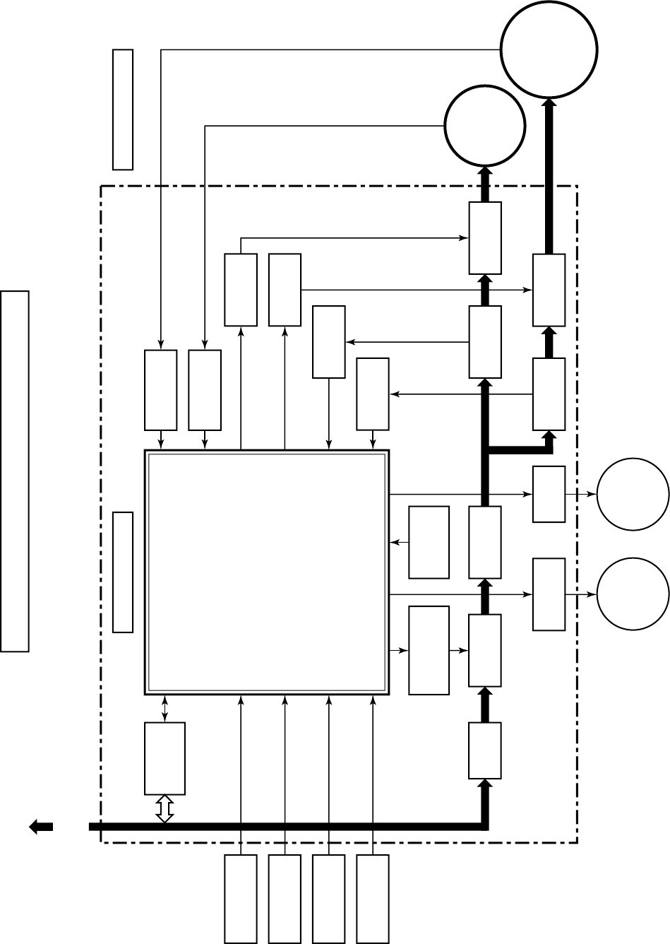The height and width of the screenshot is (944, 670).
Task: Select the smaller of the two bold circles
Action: click(x=485, y=125)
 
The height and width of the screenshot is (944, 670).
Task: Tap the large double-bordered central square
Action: click(x=267, y=572)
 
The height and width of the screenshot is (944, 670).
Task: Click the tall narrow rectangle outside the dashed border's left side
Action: click(x=15, y=470)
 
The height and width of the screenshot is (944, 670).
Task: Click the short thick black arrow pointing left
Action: click(x=41, y=826)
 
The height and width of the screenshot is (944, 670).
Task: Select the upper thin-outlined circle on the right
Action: click(x=633, y=495)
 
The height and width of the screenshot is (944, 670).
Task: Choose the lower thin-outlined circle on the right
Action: click(x=633, y=594)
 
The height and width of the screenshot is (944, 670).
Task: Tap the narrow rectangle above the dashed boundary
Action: click(x=123, y=110)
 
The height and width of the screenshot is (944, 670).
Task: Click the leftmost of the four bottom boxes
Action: click(x=241, y=899)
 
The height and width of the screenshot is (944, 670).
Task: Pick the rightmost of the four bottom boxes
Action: click(x=373, y=899)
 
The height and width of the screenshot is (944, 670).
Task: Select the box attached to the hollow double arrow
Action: click(x=164, y=758)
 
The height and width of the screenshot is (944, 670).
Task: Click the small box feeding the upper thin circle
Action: click(x=549, y=495)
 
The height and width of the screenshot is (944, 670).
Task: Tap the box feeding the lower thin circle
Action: click(x=549, y=594)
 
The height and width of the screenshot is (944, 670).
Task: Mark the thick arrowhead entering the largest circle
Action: click(x=549, y=104)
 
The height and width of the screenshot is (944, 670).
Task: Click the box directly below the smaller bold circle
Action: click(x=485, y=237)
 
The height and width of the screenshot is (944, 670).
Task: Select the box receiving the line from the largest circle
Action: click(x=160, y=390)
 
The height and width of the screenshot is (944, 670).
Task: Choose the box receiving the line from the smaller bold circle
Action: click(x=205, y=390)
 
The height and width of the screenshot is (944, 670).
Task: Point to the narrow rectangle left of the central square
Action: click(x=123, y=572)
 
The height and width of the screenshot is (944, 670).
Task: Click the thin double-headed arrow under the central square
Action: click(x=164, y=708)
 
